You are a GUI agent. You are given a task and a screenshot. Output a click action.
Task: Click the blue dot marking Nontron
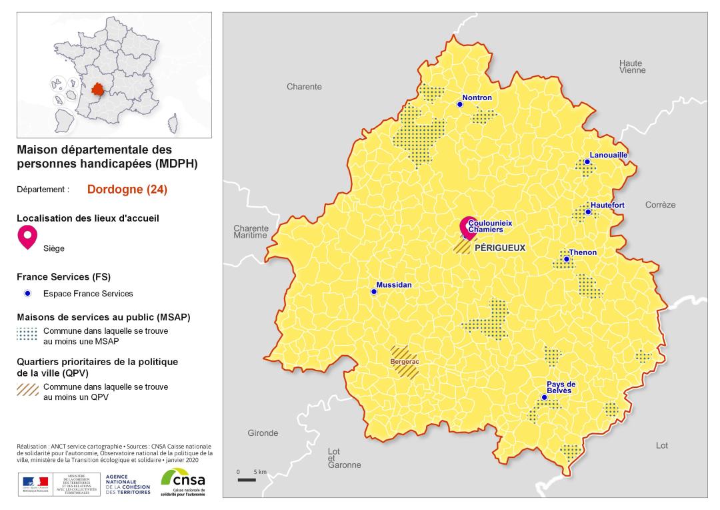459,104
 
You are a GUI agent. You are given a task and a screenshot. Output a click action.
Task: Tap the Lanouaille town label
609,155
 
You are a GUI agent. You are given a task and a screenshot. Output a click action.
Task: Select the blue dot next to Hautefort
588,212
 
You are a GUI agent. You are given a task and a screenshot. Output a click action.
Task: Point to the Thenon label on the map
583,252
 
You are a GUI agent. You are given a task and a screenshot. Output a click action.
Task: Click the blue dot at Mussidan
373,291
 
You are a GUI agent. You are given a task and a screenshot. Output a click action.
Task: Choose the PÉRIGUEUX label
500,248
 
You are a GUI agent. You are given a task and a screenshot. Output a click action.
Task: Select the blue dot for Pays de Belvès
544,397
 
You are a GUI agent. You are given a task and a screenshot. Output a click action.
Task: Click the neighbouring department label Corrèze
660,205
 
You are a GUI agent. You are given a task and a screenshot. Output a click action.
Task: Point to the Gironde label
263,433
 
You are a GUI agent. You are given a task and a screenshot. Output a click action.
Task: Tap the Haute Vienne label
630,65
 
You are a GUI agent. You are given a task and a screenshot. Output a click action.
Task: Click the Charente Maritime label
250,232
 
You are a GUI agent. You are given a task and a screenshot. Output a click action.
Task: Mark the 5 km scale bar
246,479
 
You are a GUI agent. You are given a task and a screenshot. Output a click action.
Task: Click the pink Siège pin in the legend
27,236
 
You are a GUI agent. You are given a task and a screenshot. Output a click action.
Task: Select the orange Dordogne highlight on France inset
99,89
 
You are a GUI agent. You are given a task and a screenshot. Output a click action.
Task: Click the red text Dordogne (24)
127,189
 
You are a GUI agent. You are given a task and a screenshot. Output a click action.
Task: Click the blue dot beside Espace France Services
27,293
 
